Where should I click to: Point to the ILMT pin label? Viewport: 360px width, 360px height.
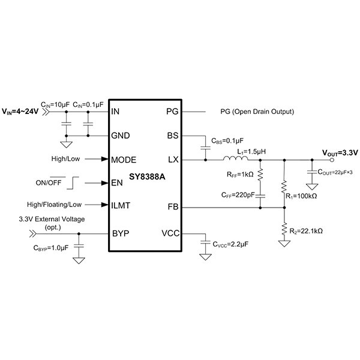[x=122, y=205]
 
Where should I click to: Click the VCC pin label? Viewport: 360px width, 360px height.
[x=170, y=233]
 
